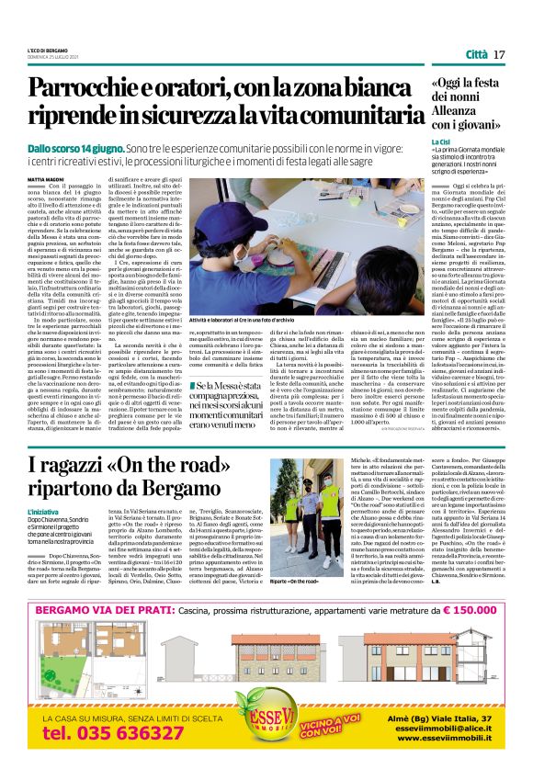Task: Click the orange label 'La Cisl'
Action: click(442, 142)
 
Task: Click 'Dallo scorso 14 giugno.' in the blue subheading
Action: click(74, 147)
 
